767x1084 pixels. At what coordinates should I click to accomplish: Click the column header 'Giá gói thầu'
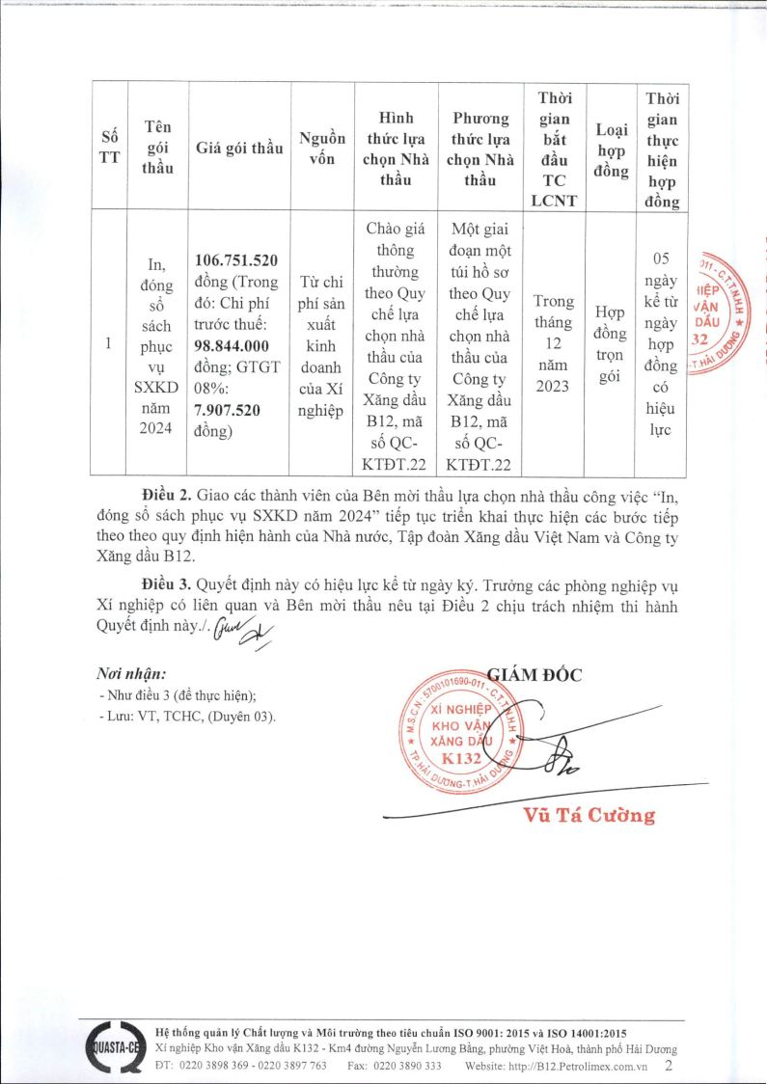tap(239, 148)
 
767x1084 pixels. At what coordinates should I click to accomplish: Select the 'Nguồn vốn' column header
tap(321, 148)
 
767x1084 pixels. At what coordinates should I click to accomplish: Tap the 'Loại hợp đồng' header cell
tap(611, 149)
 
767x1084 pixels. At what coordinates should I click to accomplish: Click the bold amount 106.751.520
tap(236, 260)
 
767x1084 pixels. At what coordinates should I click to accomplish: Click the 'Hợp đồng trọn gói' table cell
tap(610, 344)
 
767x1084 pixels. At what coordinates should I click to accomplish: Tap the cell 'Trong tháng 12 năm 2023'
tap(553, 343)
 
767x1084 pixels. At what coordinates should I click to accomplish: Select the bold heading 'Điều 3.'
tap(165, 584)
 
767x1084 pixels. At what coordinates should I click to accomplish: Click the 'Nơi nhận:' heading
tap(130, 673)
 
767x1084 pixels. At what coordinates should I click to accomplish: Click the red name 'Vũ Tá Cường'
tap(589, 816)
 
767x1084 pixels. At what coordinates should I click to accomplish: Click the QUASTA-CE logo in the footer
tap(114, 1048)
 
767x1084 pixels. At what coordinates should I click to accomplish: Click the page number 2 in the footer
tap(670, 1066)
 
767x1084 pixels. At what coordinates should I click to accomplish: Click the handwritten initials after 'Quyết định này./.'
tap(245, 629)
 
